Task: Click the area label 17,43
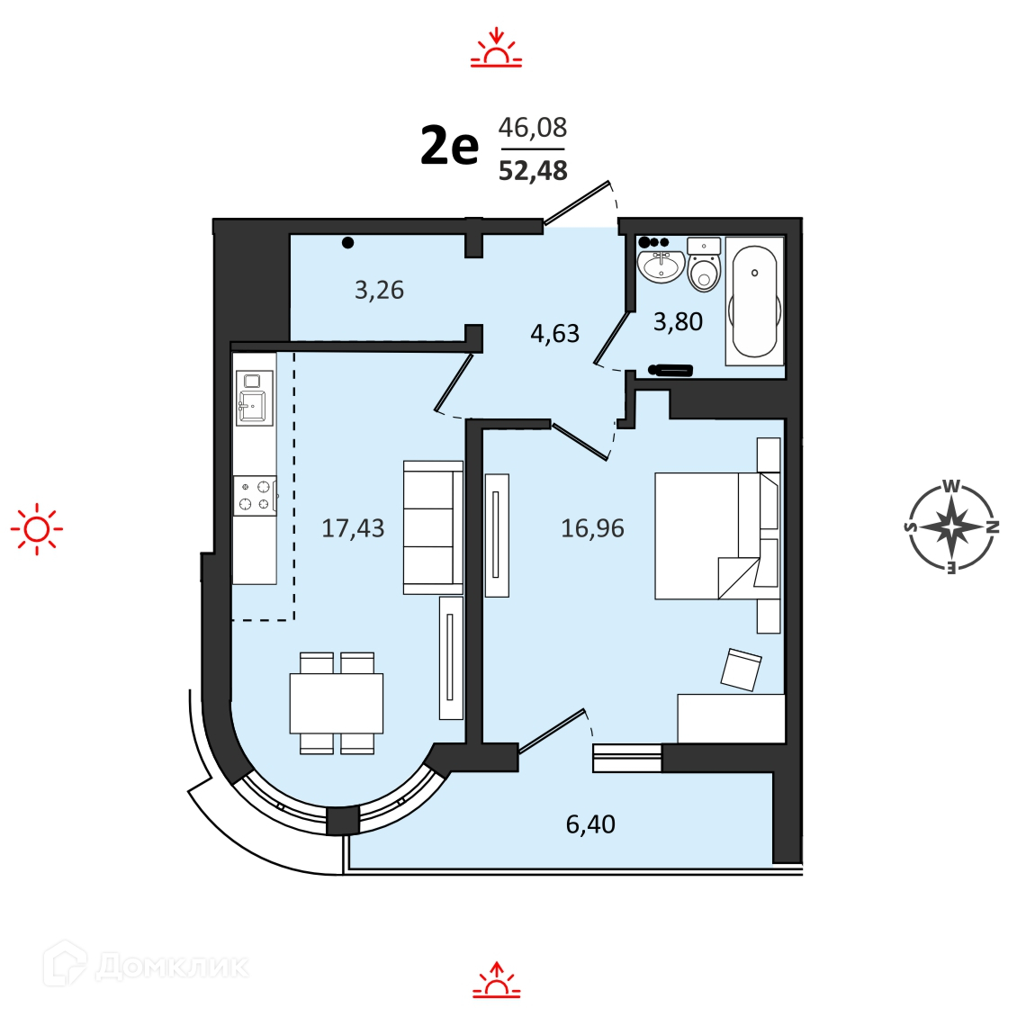pos(353,528)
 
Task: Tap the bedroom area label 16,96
pos(592,528)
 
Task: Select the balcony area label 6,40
pos(590,824)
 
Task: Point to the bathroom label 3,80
pos(678,321)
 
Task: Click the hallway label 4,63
pos(554,333)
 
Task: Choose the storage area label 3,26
pos(379,290)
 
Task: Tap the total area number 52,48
pos(533,171)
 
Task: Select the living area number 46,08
pos(533,128)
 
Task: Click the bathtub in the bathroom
pos(753,301)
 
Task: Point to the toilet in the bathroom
pos(704,265)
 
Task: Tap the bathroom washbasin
pos(661,266)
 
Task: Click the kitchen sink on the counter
pos(254,398)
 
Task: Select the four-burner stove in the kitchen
pos(255,495)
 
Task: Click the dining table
pos(336,703)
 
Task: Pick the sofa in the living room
pos(433,527)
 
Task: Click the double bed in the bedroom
pos(717,535)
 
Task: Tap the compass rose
pos(950,526)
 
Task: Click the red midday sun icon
pos(37,529)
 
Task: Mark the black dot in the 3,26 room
pos(348,243)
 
